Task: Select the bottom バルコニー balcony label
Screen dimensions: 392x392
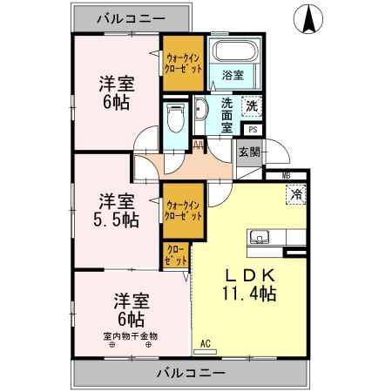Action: [x=191, y=372]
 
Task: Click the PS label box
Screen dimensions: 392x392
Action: [x=253, y=129]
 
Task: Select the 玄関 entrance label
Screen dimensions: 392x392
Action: [x=248, y=152]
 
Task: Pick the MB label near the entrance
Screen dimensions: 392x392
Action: [x=287, y=175]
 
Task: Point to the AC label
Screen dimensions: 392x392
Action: [x=206, y=343]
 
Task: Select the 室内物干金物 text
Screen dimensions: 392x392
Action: [x=131, y=335]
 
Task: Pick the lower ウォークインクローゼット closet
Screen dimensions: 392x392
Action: [x=183, y=212]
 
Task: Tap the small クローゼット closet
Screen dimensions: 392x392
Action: [x=175, y=255]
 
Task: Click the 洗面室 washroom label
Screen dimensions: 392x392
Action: [x=226, y=114]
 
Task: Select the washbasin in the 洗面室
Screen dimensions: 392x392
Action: [x=201, y=111]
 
